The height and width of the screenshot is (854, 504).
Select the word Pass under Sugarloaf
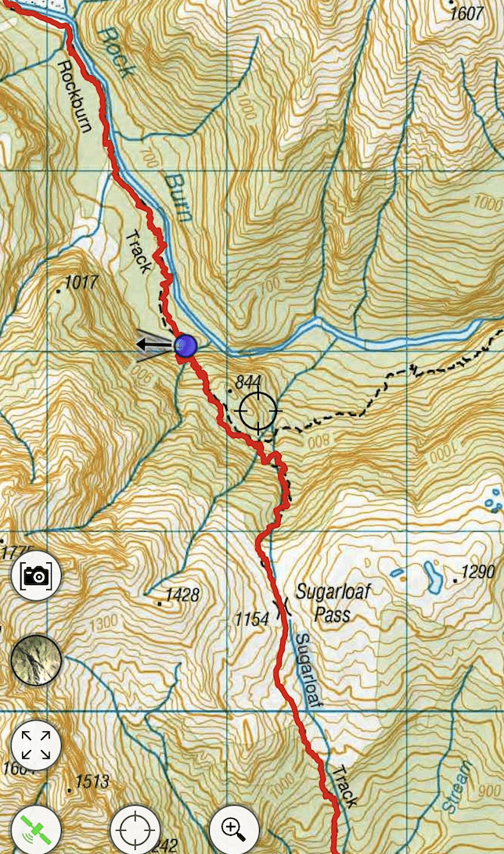[x=332, y=615]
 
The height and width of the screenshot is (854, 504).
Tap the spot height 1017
[x=81, y=282]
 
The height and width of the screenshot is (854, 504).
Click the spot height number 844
[x=247, y=382]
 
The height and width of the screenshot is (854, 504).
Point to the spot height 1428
[x=181, y=596]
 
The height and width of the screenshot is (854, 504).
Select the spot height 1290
[x=477, y=572]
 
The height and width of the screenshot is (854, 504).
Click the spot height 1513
[x=91, y=781]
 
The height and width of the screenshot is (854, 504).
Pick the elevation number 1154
[x=252, y=619]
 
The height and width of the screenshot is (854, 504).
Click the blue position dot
[x=185, y=346]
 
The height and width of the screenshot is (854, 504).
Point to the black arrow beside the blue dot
[x=154, y=344]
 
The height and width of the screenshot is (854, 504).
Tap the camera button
[x=36, y=576]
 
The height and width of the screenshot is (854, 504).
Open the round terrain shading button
[x=36, y=660]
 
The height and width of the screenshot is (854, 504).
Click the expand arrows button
[x=36, y=745]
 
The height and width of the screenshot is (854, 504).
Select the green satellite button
[x=36, y=831]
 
